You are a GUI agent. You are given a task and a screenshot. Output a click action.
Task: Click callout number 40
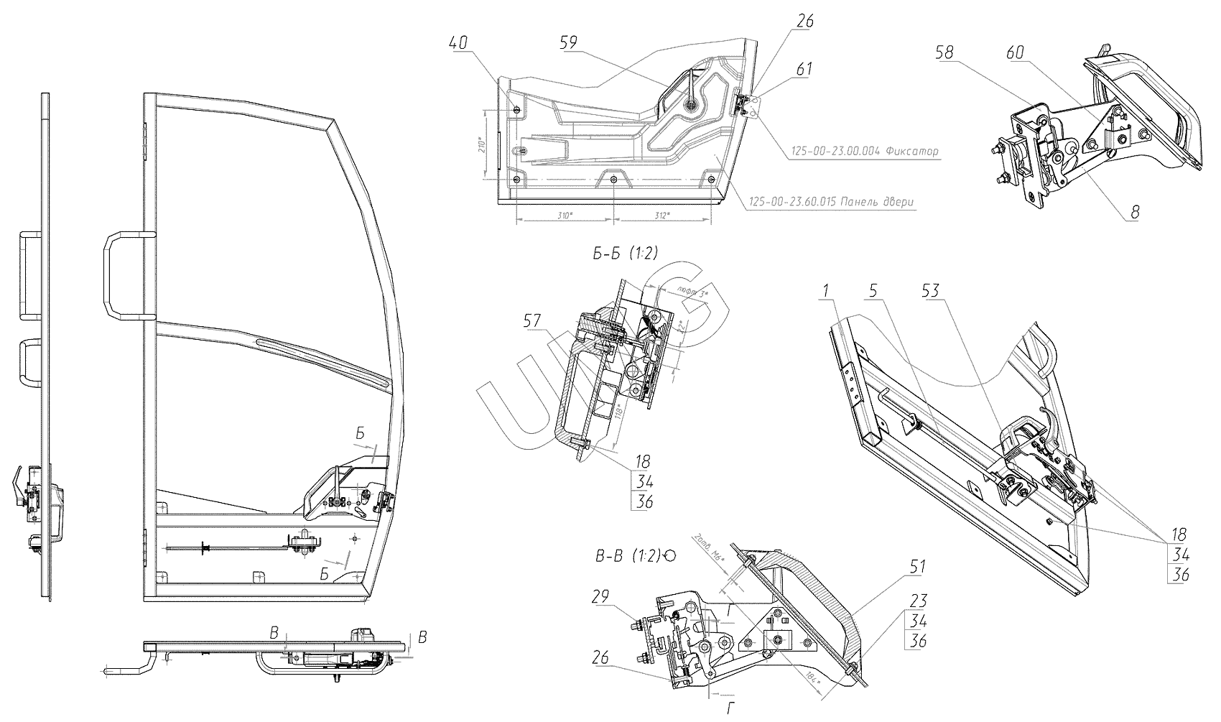(x=458, y=43)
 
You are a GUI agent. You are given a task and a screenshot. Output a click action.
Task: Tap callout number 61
(x=804, y=69)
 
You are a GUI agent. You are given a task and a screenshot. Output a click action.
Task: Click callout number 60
(x=1016, y=53)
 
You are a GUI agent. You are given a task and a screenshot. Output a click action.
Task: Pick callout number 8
(x=1135, y=212)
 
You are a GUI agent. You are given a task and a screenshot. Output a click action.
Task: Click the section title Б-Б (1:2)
(x=622, y=252)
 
